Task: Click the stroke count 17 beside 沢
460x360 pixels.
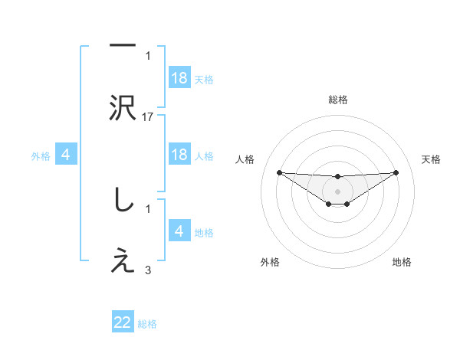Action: coord(149,117)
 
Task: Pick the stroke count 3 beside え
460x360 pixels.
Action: coord(149,270)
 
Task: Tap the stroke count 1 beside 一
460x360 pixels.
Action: coord(149,56)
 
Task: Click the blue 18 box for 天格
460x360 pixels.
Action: coord(179,78)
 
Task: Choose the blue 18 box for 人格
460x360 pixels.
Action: coord(179,155)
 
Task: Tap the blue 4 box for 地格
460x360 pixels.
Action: coord(179,231)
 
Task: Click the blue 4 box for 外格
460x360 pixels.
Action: coord(66,155)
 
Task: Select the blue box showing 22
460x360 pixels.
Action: coord(123,323)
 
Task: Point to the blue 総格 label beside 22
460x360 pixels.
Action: coord(147,324)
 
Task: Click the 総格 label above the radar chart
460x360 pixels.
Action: coord(338,100)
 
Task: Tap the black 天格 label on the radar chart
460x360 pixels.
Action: coord(432,159)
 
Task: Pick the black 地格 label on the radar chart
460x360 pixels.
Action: coord(402,262)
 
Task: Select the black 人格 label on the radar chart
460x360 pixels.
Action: coord(245,159)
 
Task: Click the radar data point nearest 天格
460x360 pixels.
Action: coord(396,172)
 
